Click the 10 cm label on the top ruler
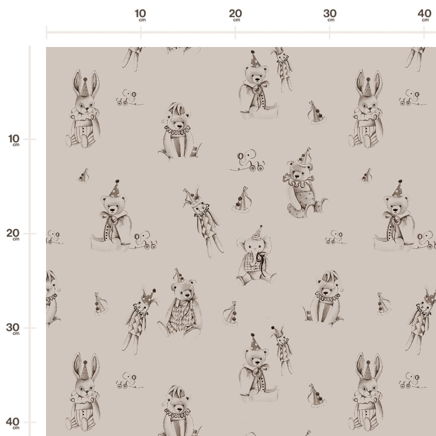click(140, 15)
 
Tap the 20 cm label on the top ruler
click(235, 15)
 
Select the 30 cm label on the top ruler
click(330, 15)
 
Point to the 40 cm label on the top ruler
click(424, 15)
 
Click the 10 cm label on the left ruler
click(14, 140)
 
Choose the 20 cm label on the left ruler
click(13, 234)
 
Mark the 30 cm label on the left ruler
click(13, 328)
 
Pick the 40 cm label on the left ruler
click(13, 423)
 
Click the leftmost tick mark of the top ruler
click(47, 32)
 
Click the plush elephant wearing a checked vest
click(256, 257)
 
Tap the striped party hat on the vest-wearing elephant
click(257, 233)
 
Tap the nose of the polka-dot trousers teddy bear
click(297, 176)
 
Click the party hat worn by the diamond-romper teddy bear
click(178, 276)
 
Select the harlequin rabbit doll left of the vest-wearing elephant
click(203, 221)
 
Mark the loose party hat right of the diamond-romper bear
click(231, 313)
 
